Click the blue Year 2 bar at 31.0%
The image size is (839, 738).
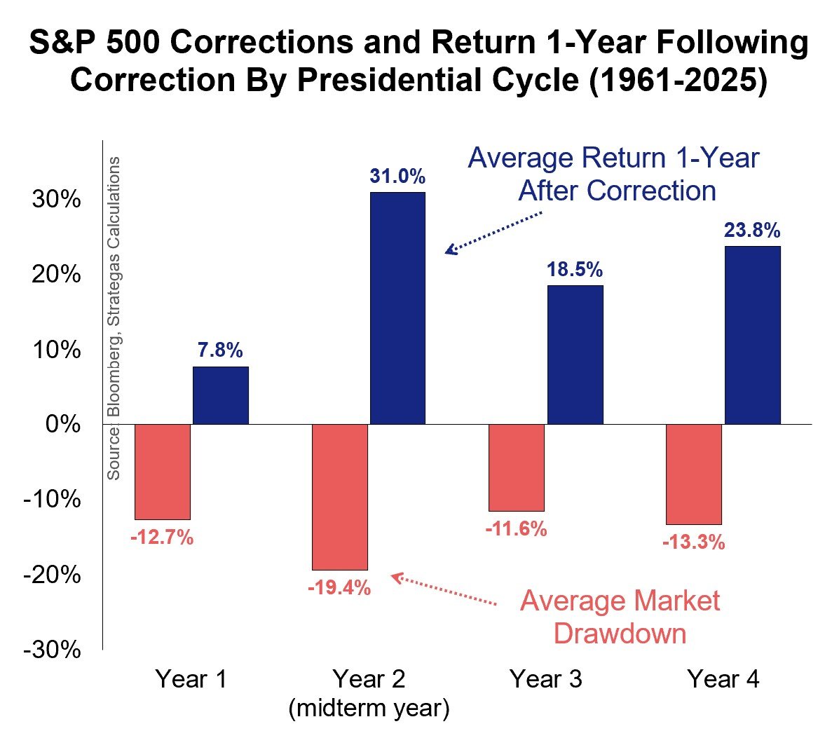(397, 308)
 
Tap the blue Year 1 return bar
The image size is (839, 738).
(221, 395)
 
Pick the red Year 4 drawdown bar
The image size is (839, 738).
(694, 474)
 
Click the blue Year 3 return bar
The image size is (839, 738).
(575, 355)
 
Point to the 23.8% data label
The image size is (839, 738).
(752, 231)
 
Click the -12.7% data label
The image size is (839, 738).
(162, 538)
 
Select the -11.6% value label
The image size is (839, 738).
(516, 529)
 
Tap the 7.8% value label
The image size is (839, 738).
(220, 350)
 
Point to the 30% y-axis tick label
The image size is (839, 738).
(57, 200)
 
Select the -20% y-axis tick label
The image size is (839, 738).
(53, 575)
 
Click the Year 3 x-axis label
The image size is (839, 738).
(545, 679)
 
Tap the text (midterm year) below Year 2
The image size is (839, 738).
(369, 708)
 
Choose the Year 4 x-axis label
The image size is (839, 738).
(723, 679)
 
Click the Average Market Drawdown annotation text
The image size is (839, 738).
(620, 617)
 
